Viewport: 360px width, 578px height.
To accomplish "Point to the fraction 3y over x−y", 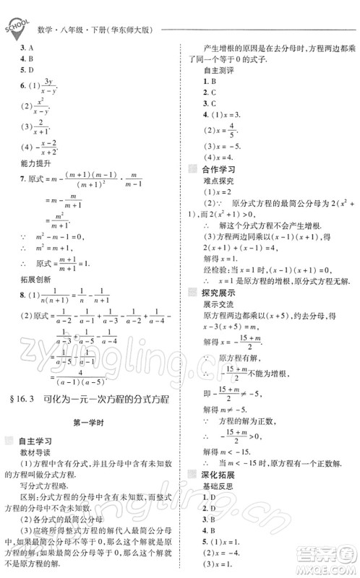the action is pos(49,87).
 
